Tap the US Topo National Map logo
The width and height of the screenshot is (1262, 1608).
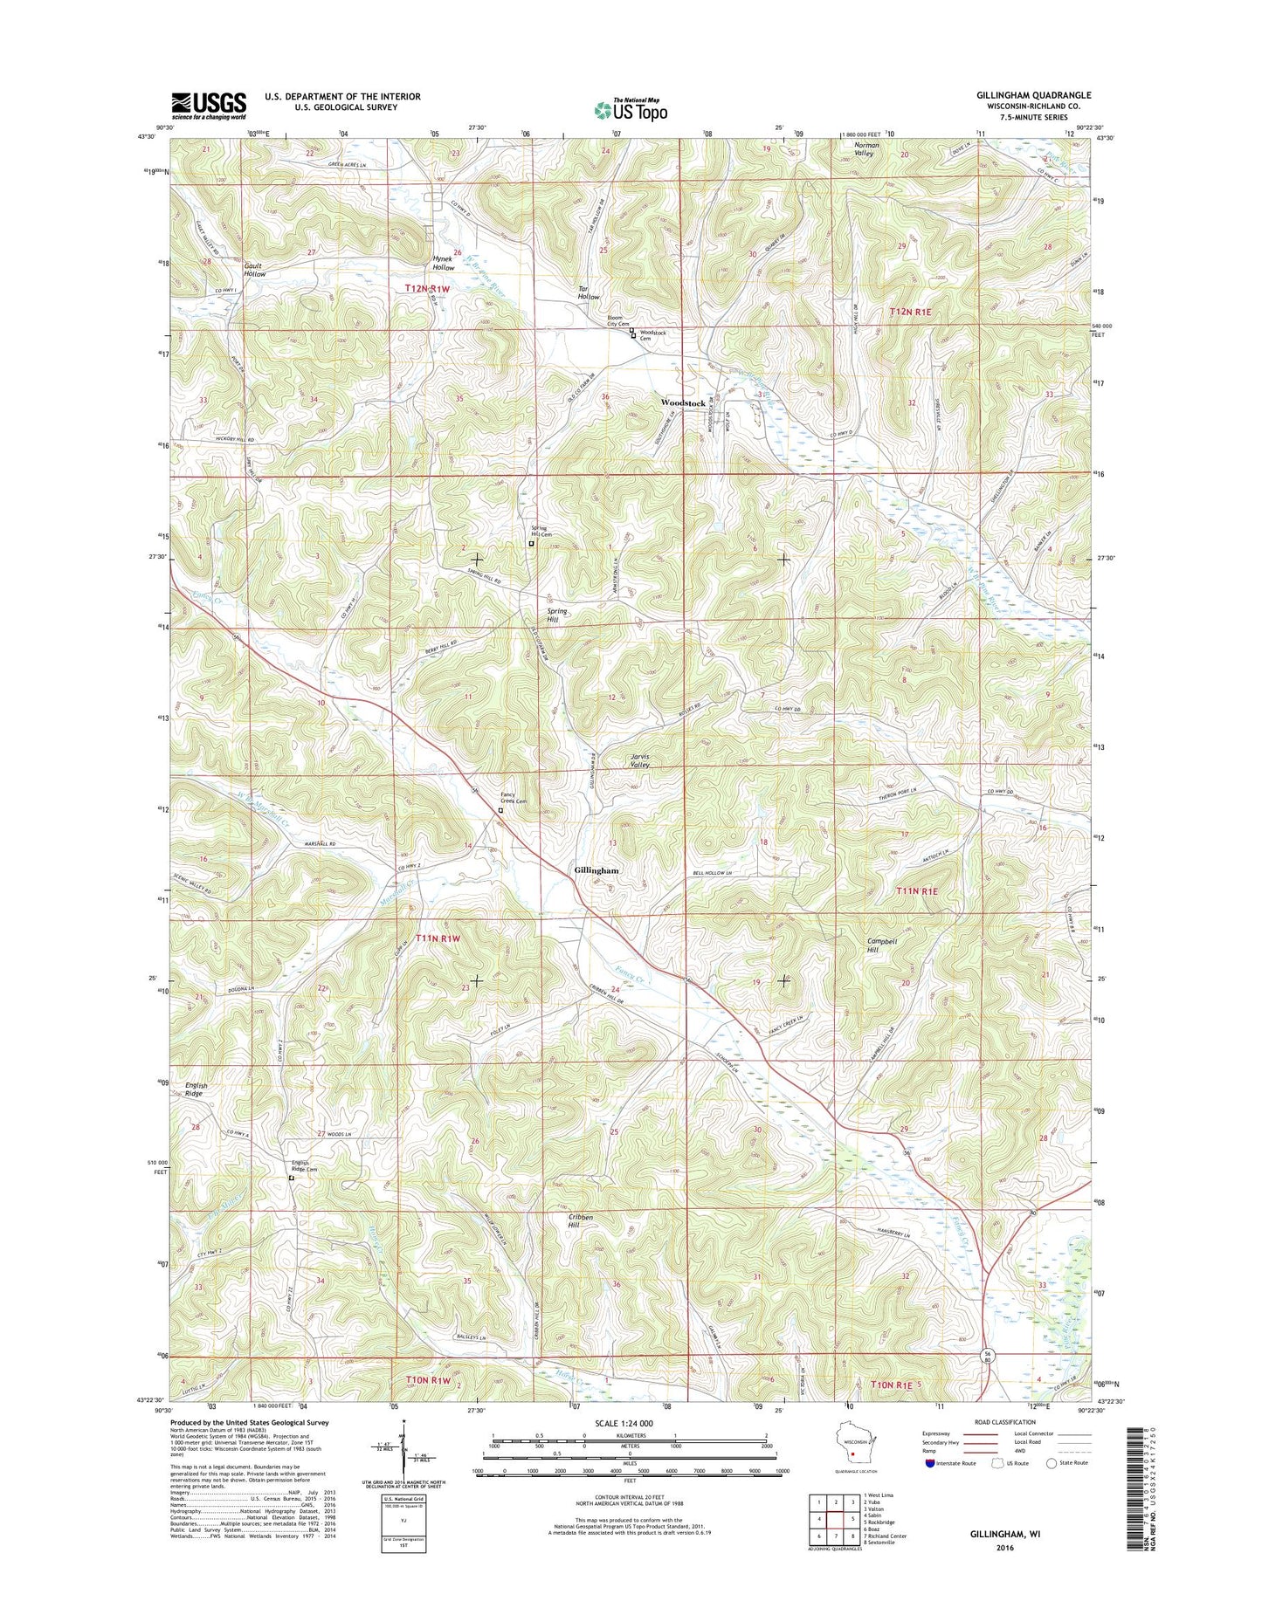click(631, 108)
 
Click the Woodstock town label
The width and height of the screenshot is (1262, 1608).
click(683, 403)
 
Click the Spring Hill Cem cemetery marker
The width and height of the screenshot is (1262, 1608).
click(531, 543)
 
